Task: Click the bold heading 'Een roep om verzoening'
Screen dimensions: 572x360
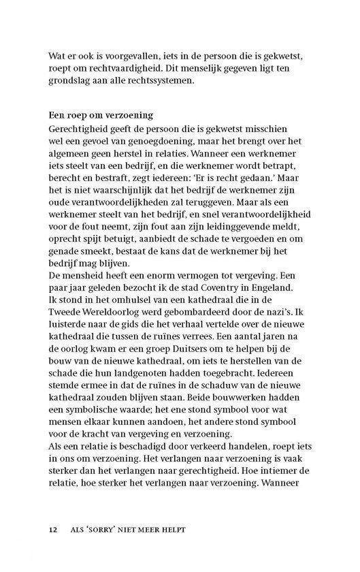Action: tap(101, 115)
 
